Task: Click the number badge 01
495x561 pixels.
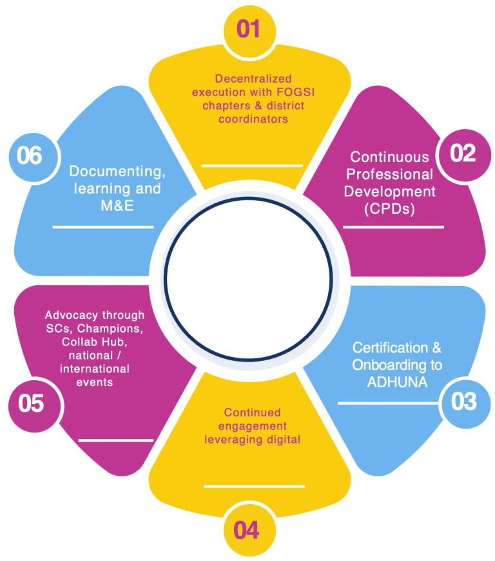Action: pos(248,28)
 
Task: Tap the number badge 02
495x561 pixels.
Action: pos(463,154)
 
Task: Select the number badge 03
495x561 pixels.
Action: pos(463,402)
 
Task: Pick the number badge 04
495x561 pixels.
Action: pos(247,531)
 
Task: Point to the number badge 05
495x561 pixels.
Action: pos(31,403)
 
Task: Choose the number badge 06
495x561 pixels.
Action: pos(30,156)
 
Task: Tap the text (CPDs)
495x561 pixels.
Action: pos(389,209)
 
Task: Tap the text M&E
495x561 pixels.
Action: pos(115,206)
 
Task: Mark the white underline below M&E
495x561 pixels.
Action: pos(103,227)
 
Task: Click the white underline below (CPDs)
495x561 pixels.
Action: pos(393,227)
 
